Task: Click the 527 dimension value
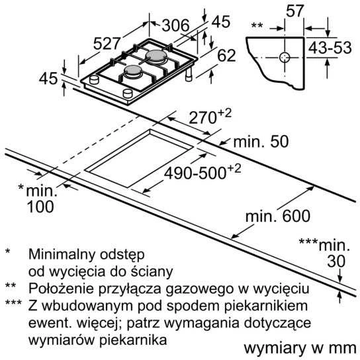pos(107,44)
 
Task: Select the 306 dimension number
pos(175,25)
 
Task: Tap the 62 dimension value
pos(226,56)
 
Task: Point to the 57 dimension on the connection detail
pos(294,11)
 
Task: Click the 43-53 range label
pos(330,48)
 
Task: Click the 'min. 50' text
pos(261,142)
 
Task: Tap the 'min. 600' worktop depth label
pos(278,216)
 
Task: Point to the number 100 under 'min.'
pos(40,206)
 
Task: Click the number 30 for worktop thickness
pos(336,261)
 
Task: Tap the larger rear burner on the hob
pos(156,56)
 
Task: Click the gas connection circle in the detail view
pos(285,58)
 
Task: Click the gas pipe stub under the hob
pos(189,75)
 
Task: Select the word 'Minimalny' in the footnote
pos(62,254)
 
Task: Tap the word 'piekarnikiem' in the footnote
pos(266,306)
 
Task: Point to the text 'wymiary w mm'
pos(300,348)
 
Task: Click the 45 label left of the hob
pos(48,78)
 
